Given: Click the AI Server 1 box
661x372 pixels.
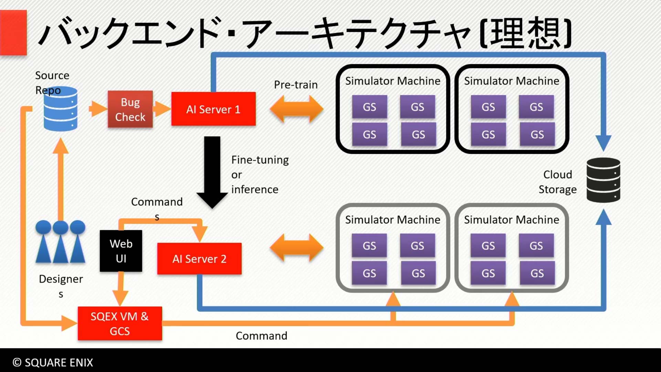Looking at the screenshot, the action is [x=213, y=109].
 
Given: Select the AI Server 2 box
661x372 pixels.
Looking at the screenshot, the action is [x=199, y=259].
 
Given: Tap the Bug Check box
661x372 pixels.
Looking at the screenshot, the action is [x=130, y=109].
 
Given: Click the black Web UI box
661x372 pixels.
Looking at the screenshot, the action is [x=121, y=251].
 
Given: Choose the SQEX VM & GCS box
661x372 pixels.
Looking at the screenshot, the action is [x=120, y=323].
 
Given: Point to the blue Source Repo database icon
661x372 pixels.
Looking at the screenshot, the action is [x=61, y=109].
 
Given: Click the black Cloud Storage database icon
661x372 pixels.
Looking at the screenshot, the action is [x=604, y=180].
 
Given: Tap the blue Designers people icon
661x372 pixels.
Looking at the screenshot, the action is [x=61, y=241].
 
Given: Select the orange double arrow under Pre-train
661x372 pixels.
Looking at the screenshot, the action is [x=297, y=109].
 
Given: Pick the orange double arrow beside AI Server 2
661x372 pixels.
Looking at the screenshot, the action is [x=297, y=248].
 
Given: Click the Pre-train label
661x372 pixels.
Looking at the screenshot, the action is [x=296, y=85].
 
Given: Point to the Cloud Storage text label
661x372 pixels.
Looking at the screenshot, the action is [x=558, y=182].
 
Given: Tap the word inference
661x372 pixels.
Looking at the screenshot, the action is [x=255, y=189].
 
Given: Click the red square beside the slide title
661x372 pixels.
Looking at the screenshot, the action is [x=13, y=33].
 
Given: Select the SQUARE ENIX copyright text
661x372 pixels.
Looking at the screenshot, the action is [x=53, y=362].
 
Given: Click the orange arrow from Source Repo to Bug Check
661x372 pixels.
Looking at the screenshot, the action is [x=98, y=109].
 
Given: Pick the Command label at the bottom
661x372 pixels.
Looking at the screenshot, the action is [x=261, y=335].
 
